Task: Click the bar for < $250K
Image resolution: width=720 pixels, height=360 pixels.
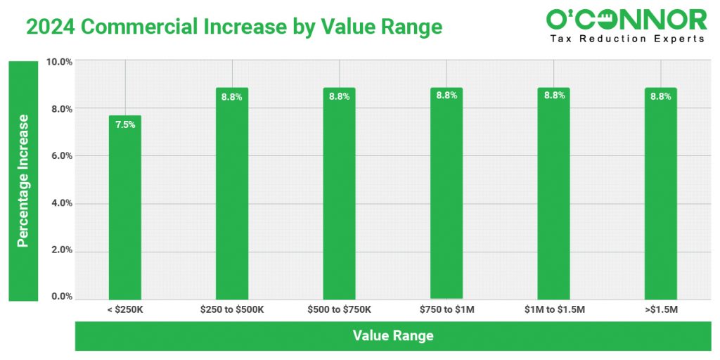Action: pos(125,207)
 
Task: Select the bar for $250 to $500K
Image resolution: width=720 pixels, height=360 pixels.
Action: pos(232,193)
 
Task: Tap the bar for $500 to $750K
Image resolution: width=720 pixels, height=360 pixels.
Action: pos(339,193)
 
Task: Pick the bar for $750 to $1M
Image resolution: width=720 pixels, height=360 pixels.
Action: pos(446,193)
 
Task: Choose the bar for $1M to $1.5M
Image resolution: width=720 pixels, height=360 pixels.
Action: pos(553,193)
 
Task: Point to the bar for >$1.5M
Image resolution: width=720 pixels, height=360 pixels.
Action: pos(661,193)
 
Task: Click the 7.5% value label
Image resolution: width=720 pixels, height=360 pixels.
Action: pos(125,125)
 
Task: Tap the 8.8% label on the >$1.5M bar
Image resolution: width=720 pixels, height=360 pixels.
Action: pos(661,96)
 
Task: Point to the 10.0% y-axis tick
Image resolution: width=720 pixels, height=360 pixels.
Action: pos(59,62)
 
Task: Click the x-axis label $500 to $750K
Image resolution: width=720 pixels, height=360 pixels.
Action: pos(340,309)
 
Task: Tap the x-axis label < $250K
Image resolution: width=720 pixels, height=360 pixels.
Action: pos(125,309)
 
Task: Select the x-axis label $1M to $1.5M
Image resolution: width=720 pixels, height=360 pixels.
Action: pos(554,309)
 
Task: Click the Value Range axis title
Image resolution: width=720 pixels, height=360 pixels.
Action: pos(393,335)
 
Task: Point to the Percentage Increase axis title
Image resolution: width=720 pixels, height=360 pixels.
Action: pos(22,181)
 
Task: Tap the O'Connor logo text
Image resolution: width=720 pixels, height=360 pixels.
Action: pos(626,19)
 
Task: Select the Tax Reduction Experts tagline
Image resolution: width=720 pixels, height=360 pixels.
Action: pos(626,39)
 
